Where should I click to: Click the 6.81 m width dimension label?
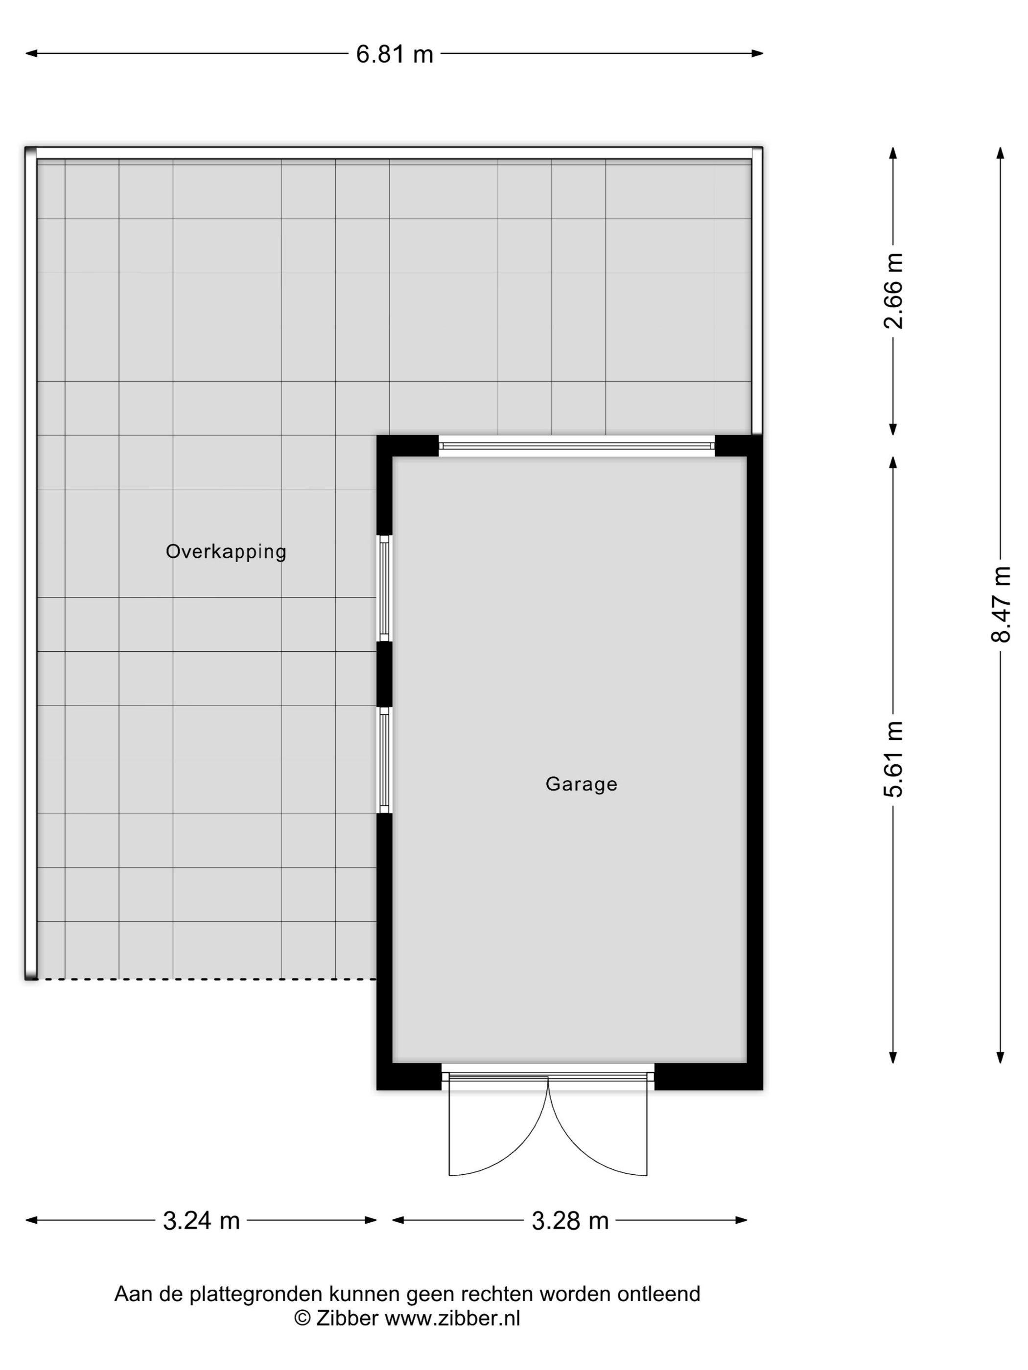tap(394, 54)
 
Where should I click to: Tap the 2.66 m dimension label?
tap(893, 291)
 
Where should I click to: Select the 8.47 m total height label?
tap(1000, 603)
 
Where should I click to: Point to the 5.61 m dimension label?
tap(893, 759)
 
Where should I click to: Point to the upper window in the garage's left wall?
tap(384, 588)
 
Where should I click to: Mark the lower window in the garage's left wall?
tap(384, 760)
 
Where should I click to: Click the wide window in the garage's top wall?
tap(576, 445)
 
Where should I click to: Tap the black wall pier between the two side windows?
tap(384, 674)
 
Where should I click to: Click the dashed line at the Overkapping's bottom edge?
tap(205, 979)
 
